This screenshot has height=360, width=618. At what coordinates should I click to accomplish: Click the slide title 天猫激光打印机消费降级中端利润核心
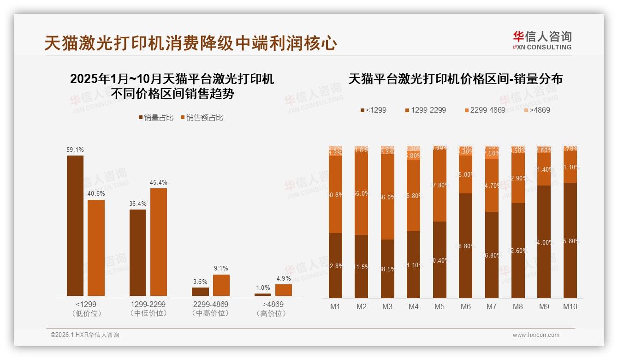click(190, 43)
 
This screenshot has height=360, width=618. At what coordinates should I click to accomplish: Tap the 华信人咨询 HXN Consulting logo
click(542, 40)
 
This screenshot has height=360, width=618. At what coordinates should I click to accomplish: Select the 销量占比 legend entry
click(156, 118)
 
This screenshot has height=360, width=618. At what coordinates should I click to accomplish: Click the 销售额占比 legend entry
click(202, 118)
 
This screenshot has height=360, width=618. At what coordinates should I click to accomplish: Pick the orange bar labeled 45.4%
click(159, 242)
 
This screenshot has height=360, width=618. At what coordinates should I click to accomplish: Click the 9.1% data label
click(221, 268)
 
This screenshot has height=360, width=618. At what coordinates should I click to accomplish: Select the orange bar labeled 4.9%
click(284, 290)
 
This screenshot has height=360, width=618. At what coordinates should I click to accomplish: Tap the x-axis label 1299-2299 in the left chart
click(148, 305)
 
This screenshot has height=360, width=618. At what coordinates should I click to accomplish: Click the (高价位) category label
click(273, 313)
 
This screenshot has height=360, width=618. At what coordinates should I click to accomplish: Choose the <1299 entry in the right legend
click(373, 110)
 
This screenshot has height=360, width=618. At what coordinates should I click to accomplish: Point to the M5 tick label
click(440, 306)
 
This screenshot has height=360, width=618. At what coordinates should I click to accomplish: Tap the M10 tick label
click(570, 306)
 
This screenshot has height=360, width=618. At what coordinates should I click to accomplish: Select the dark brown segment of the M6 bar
click(466, 246)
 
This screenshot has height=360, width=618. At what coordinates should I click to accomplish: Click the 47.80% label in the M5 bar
click(440, 185)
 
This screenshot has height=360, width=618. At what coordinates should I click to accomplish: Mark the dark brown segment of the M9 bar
click(544, 242)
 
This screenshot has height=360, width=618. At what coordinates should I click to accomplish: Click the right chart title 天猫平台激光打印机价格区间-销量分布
click(455, 79)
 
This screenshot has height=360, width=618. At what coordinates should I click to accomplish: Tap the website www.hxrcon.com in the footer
click(536, 335)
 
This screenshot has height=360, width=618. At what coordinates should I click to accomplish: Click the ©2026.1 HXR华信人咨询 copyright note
click(85, 335)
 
